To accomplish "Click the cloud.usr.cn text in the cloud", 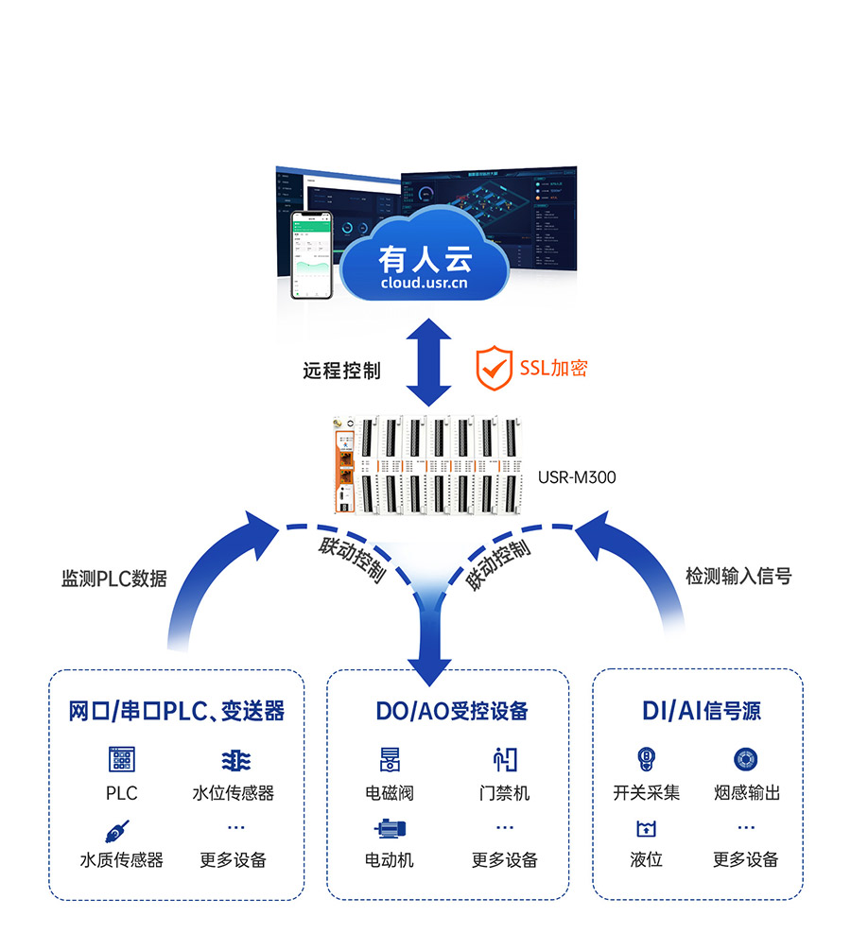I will coord(424,282).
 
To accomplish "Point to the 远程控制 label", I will coord(341,371).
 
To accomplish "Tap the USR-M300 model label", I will coord(577,477).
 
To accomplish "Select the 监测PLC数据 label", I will coord(114,579).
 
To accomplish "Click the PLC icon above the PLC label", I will coord(122,760).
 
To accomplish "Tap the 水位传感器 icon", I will coord(234,760).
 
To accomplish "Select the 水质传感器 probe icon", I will coord(118,831).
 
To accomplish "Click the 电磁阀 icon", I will coord(390,759).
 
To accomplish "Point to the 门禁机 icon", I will coord(505,759).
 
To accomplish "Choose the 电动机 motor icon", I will coord(390,829).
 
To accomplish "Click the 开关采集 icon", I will coord(647,759).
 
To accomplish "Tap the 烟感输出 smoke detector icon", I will coord(746,759).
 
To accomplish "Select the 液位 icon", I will coord(647,829).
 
